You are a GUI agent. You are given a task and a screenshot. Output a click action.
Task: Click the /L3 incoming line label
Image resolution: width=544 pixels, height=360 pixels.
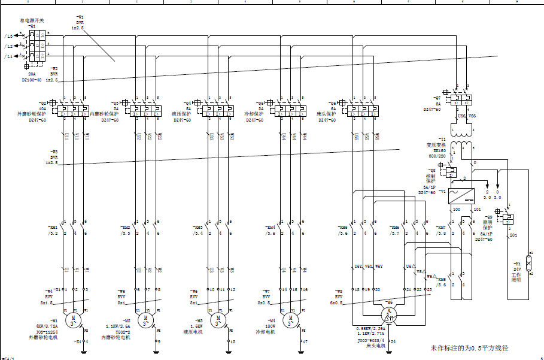(8, 36)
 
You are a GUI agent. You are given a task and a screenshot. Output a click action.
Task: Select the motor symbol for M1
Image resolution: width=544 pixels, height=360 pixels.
(72, 319)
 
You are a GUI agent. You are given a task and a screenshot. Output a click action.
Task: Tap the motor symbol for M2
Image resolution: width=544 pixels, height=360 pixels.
(145, 319)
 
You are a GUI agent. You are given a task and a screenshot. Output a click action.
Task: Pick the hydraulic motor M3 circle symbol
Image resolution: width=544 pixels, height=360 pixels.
(218, 319)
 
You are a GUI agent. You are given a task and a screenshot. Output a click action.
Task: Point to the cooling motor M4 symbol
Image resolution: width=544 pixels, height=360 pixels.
(291, 319)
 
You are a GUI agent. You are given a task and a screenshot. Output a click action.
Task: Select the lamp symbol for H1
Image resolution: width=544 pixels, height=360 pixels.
(529, 262)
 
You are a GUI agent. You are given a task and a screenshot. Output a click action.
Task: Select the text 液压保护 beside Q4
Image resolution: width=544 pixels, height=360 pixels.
(181, 113)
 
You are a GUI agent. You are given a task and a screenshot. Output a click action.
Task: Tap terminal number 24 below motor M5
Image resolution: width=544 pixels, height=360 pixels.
(393, 341)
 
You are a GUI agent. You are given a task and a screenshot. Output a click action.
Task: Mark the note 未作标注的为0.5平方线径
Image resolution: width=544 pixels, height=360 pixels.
(469, 347)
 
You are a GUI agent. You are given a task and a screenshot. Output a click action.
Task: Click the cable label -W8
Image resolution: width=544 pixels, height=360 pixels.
(339, 291)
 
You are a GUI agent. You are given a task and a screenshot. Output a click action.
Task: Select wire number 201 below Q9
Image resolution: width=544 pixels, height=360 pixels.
(513, 235)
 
